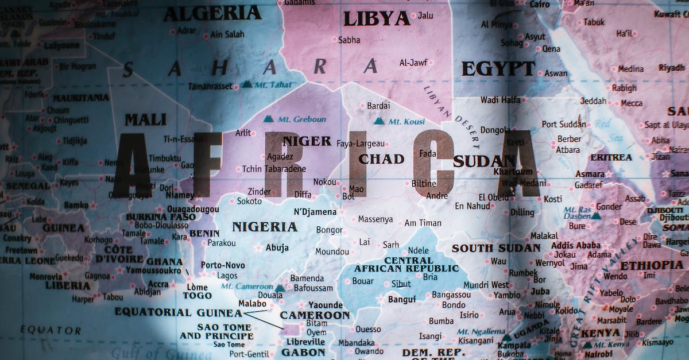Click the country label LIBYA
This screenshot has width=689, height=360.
[377, 19]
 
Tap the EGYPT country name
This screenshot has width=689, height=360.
[498, 69]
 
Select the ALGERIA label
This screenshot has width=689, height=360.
[212, 13]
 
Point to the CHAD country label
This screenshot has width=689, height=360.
[381, 159]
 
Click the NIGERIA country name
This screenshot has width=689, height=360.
[265, 227]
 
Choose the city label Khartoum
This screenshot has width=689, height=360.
[513, 172]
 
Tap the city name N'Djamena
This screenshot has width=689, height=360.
[315, 212]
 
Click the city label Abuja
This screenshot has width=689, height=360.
[277, 248]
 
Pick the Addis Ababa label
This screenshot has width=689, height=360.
[576, 245]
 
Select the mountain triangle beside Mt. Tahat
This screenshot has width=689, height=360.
[246, 84]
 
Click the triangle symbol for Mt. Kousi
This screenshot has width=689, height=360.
[379, 121]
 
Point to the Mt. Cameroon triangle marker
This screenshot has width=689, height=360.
[279, 288]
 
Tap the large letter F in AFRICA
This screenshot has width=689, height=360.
[207, 164]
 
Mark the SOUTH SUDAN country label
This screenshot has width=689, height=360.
[496, 248]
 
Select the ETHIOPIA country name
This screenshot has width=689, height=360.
[651, 265]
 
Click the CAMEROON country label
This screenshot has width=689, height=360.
[315, 315]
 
